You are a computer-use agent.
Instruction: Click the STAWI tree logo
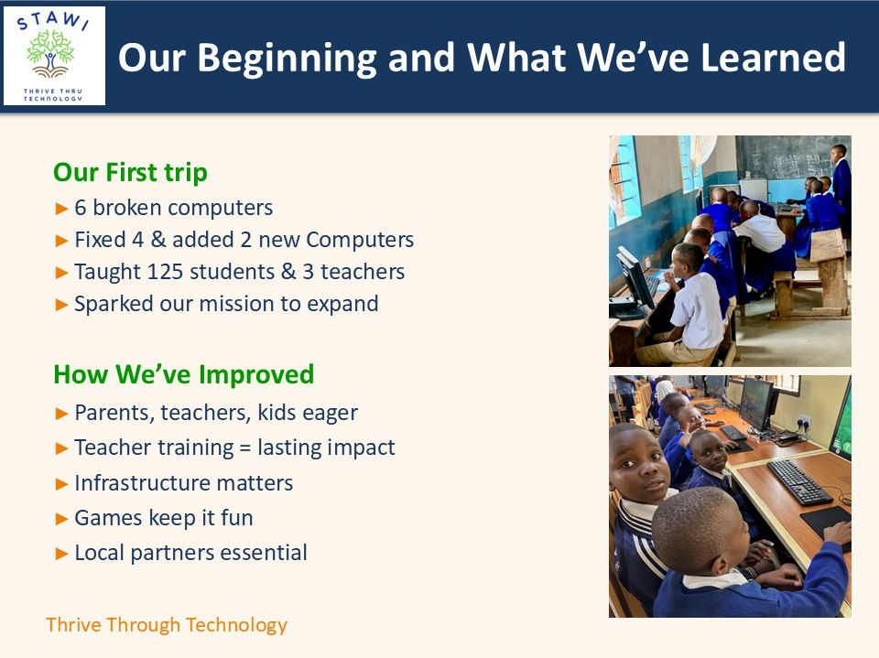pos(54,56)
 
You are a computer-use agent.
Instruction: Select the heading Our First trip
pos(130,173)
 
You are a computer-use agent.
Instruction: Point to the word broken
pos(126,208)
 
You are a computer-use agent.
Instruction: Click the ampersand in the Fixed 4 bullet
pos(158,240)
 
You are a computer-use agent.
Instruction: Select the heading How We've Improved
pos(183,375)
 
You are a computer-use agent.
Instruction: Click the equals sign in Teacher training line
pos(245,448)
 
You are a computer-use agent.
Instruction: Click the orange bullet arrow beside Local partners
pos(61,555)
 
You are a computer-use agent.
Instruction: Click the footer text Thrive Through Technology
pos(167,625)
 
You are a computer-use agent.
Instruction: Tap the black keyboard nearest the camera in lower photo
pos(799,482)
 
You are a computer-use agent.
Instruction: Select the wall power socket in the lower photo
pos(805,422)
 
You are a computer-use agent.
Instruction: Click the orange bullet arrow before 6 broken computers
pos(61,209)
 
